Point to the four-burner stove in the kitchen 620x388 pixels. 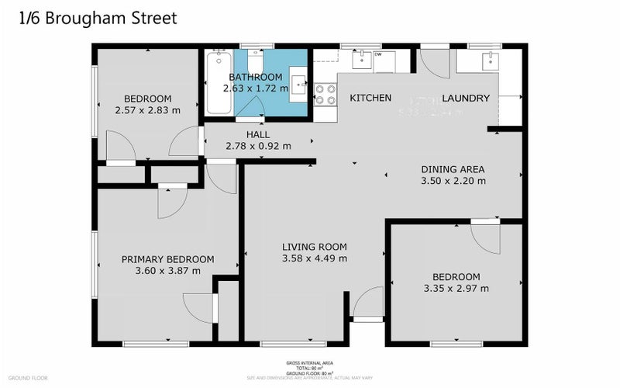(325, 95)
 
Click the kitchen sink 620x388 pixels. (362, 59)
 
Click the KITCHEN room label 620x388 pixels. (370, 99)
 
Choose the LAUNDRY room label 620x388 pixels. (466, 99)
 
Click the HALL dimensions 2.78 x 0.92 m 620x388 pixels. (258, 146)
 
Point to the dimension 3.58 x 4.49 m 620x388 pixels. (314, 258)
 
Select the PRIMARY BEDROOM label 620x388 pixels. (168, 259)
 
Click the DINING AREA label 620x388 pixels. (453, 169)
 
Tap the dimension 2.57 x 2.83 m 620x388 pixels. (148, 110)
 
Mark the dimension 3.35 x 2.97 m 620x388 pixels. (456, 289)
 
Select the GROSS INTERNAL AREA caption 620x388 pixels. (309, 362)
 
